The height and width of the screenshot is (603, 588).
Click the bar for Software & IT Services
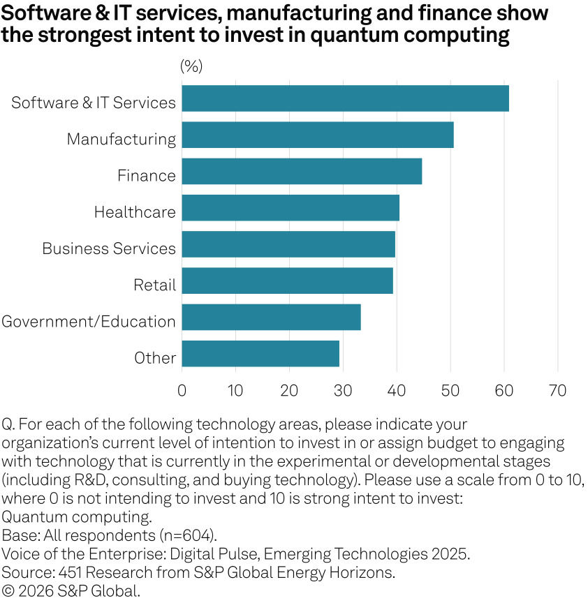pyautogui.click(x=345, y=98)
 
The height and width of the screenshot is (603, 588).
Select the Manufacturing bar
pyautogui.click(x=318, y=135)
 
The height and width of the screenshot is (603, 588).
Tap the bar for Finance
pyautogui.click(x=302, y=171)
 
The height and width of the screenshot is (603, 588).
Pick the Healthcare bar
pyautogui.click(x=291, y=208)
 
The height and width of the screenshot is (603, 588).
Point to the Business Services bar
pyautogui.click(x=288, y=244)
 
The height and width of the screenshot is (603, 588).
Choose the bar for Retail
pyautogui.click(x=287, y=281)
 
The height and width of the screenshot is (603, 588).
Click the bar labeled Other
pyautogui.click(x=260, y=354)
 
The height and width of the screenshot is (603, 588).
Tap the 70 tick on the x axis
pyautogui.click(x=557, y=390)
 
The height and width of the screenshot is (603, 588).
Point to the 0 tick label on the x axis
pyautogui.click(x=182, y=390)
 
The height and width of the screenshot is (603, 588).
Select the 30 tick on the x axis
pyautogui.click(x=343, y=390)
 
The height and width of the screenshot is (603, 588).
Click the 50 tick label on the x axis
pyautogui.click(x=450, y=390)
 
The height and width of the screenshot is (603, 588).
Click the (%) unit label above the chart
pyautogui.click(x=191, y=66)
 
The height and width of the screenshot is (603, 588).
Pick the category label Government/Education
pyautogui.click(x=89, y=322)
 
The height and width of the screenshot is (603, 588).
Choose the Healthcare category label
pyautogui.click(x=135, y=212)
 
